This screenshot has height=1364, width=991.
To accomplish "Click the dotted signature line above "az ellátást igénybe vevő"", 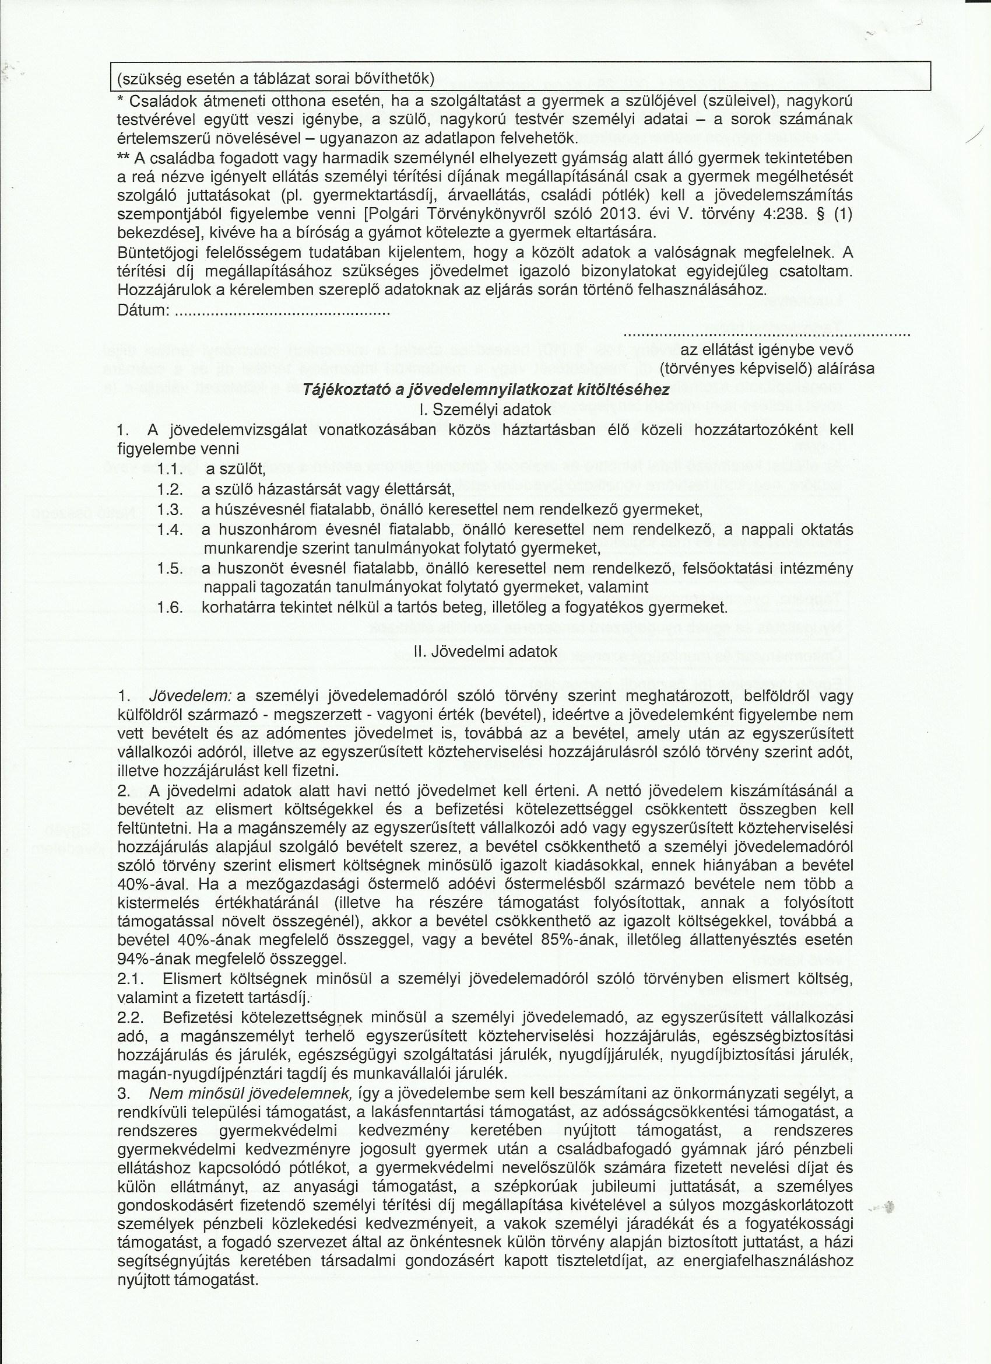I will pos(767,333).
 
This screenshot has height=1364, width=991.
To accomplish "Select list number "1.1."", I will pos(170,468).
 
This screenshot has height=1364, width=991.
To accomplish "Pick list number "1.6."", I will pos(170,607).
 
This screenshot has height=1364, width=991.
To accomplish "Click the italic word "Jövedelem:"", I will pos(191,696).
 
